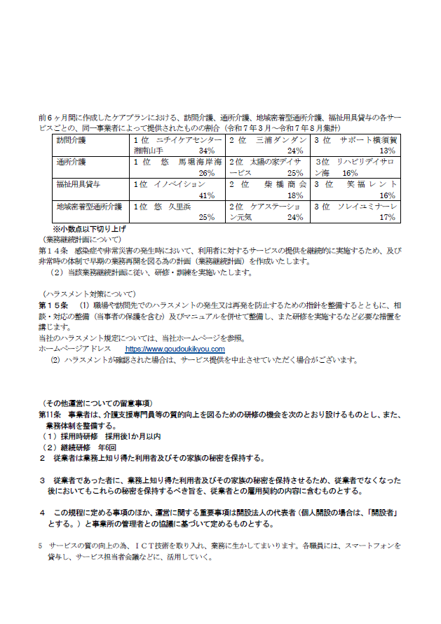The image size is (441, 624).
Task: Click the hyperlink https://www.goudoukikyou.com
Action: [x=175, y=349]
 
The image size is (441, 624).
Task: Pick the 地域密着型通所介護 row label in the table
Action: [x=89, y=207]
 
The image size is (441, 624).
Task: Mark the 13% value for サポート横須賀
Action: [x=388, y=151]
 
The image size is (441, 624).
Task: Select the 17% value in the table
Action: [x=388, y=218]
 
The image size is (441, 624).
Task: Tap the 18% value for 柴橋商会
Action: [x=294, y=195]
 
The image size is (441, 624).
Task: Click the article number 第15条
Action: [x=53, y=306]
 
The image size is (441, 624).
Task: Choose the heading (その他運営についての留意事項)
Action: [x=97, y=403]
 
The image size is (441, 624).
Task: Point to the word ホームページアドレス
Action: [x=75, y=349]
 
